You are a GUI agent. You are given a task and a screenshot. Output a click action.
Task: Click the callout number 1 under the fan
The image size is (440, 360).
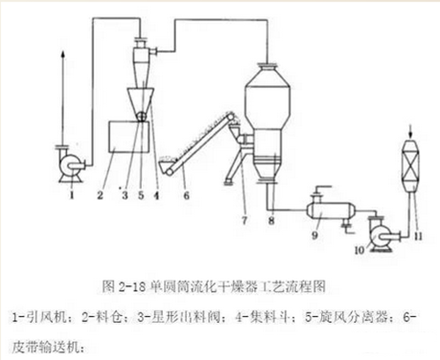pos(72,195)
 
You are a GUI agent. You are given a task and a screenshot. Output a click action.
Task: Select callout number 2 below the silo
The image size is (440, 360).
pos(100,195)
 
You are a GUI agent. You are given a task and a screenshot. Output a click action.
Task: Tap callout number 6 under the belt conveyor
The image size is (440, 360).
pos(187,195)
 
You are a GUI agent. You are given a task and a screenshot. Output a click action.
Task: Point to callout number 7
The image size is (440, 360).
pos(245,220)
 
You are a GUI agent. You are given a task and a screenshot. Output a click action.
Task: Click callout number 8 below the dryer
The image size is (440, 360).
pos(272,220)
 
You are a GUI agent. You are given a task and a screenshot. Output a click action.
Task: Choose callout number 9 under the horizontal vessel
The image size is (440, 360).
pos(315,235)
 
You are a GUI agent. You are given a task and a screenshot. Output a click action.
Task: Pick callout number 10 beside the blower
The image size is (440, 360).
pos(360,250)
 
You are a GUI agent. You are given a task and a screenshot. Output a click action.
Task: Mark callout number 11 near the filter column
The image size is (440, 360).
pos(418,236)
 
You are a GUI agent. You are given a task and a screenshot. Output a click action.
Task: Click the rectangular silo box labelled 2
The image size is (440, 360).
pos(128,136)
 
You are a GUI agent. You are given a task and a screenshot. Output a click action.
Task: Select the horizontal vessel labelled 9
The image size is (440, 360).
pos(330,210)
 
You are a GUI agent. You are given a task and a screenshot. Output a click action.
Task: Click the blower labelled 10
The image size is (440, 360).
pos(379,234)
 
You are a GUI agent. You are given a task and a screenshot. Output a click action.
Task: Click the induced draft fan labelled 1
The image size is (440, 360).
pos(71,164)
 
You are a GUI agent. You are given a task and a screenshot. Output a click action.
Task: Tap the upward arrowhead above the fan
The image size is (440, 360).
pos(62,55)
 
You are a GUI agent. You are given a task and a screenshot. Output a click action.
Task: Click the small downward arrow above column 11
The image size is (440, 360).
pos(410,134)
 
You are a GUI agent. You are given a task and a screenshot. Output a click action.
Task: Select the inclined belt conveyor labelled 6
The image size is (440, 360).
pos(199,143)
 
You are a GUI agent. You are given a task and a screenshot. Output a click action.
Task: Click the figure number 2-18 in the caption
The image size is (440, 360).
pos(132,287)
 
